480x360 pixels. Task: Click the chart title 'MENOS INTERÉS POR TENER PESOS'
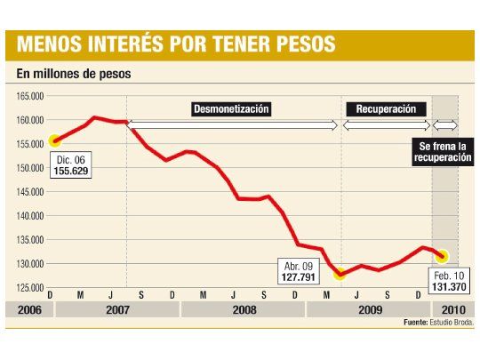(176, 44)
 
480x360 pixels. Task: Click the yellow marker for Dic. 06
(54, 140)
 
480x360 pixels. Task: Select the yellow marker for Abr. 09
(339, 275)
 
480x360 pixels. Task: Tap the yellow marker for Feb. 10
(443, 256)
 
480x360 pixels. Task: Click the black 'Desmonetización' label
(231, 109)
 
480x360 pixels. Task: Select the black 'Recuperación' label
(386, 109)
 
